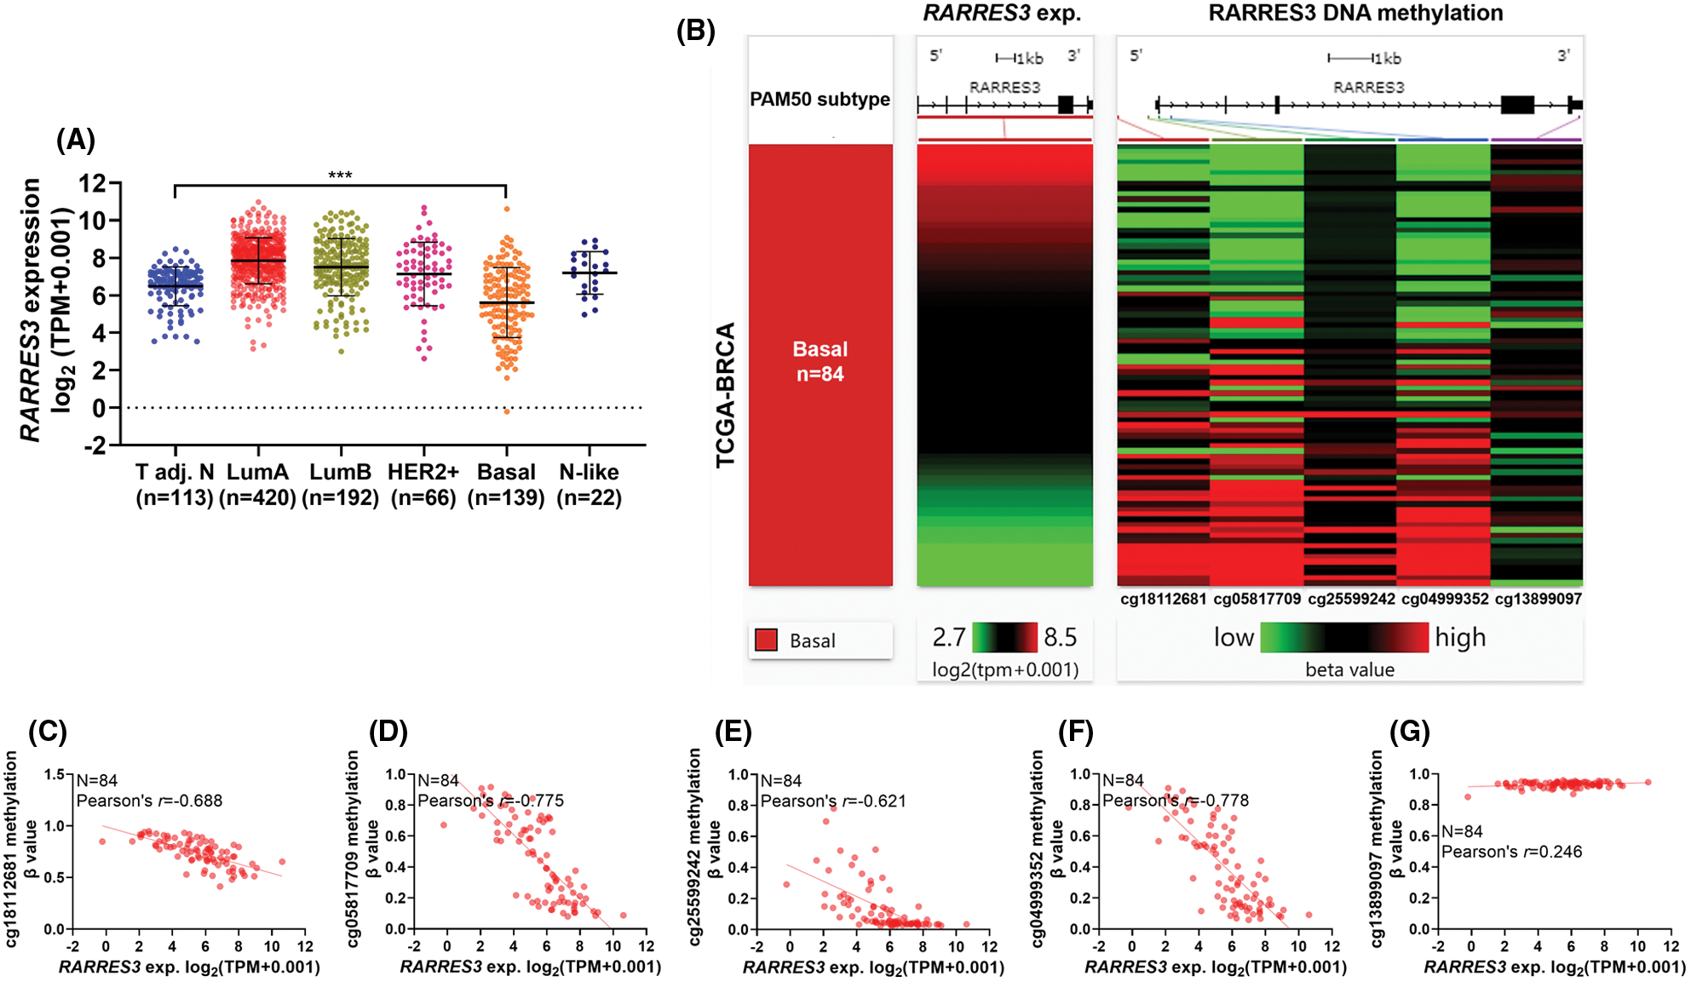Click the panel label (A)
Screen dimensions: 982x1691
tap(76, 140)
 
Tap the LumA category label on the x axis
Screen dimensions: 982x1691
tap(257, 472)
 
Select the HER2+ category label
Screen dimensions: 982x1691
tap(423, 472)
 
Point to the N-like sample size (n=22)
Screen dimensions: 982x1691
tap(589, 497)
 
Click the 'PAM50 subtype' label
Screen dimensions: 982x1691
tap(820, 99)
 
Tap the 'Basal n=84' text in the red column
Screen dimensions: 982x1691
tap(820, 361)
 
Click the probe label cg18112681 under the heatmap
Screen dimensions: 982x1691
tap(1163, 599)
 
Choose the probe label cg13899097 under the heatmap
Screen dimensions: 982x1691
tap(1538, 599)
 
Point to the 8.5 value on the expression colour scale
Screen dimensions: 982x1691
tap(1060, 637)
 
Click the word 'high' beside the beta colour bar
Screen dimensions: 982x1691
tap(1460, 637)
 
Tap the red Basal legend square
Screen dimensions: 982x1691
tap(766, 640)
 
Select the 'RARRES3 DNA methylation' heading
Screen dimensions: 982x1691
tap(1355, 13)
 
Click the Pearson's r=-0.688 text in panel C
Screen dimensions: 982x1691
tap(149, 801)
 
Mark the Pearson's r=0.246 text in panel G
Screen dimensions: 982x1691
tap(1511, 852)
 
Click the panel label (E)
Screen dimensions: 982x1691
tap(733, 732)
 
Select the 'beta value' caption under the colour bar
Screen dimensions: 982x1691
tap(1349, 669)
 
